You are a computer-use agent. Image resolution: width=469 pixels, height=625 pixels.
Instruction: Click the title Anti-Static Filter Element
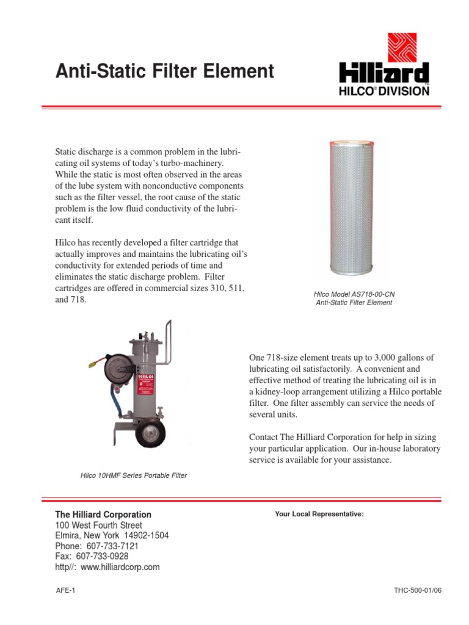pos(164,72)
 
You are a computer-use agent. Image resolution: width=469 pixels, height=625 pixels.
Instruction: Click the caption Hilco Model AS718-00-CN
pos(354,294)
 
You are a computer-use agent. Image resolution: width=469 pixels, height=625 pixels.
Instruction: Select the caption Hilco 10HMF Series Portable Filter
pos(134,475)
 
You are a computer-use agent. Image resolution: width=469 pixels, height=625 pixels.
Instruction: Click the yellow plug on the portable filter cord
pos(90,365)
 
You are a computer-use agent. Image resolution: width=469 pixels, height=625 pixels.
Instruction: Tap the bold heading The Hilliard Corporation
pos(103,515)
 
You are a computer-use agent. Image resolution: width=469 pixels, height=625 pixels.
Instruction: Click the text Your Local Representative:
pos(319,515)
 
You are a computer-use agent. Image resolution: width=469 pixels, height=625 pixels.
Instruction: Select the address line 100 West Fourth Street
pos(99,525)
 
